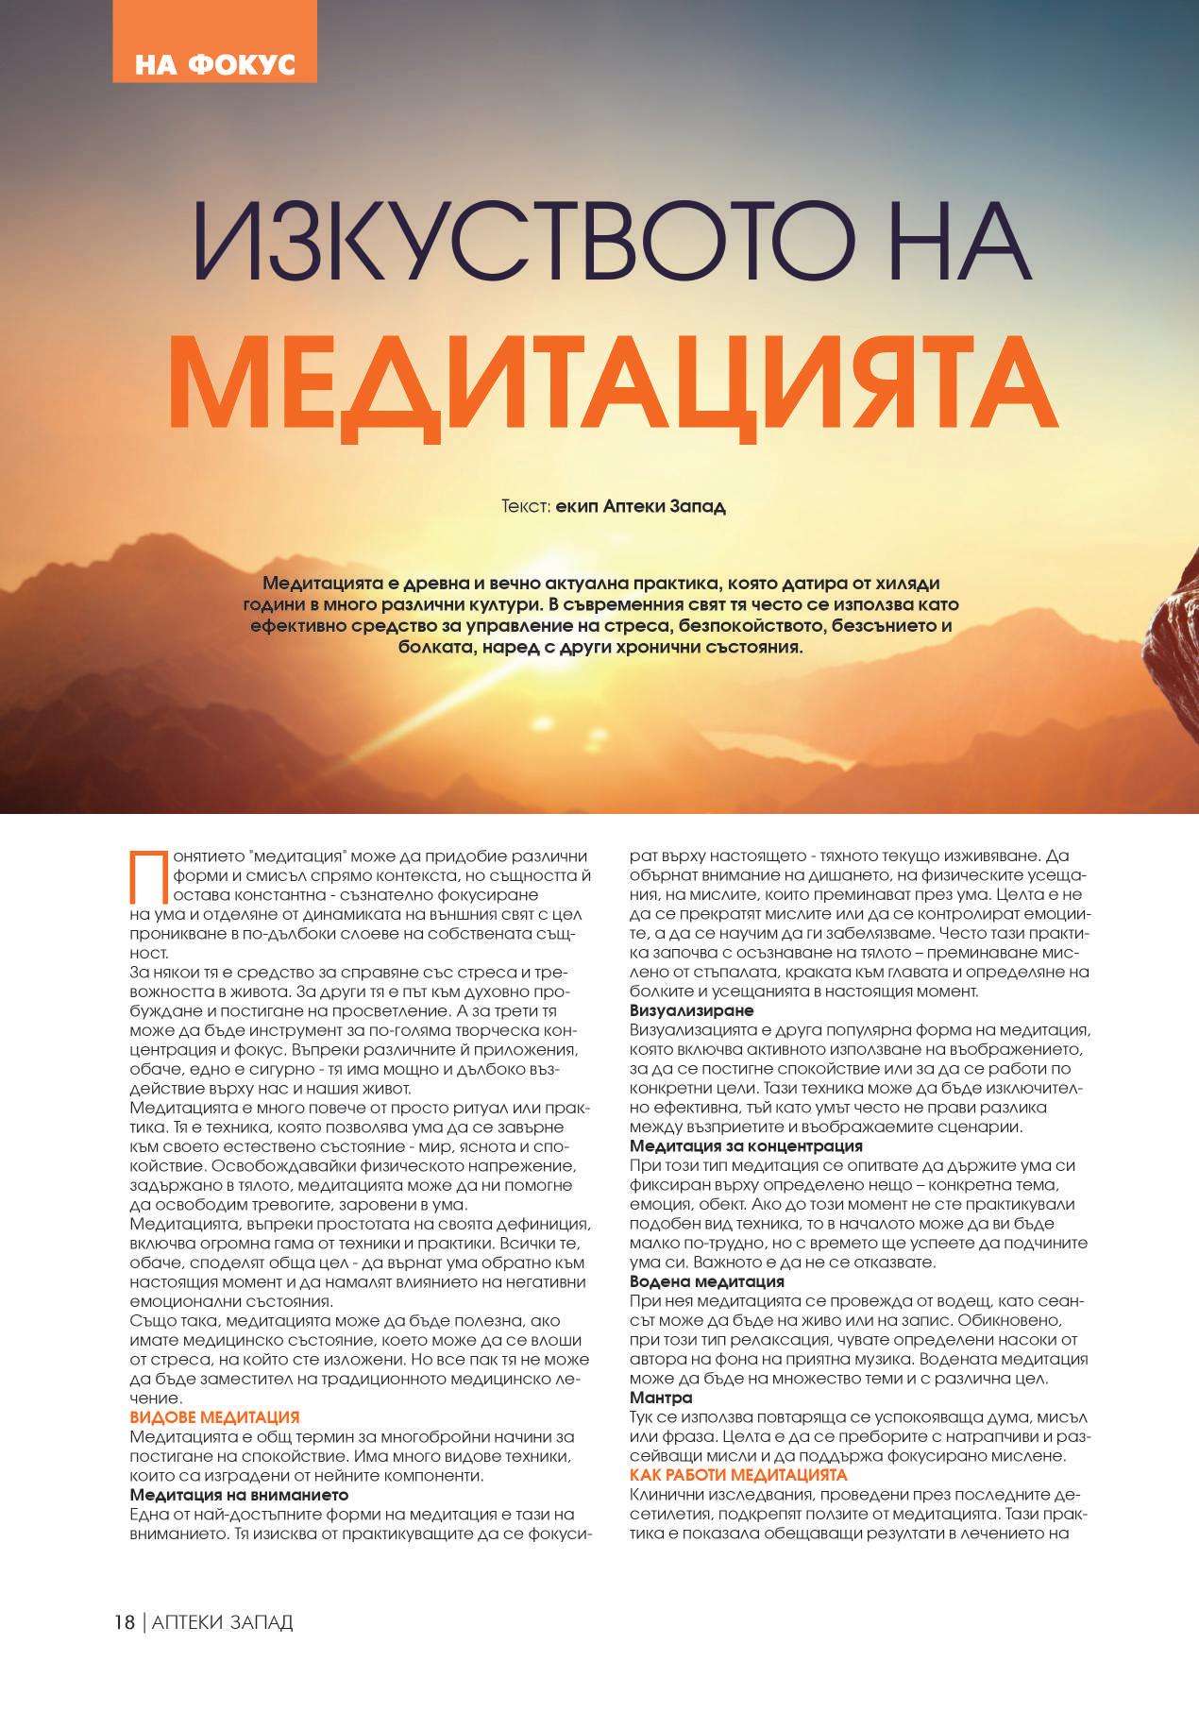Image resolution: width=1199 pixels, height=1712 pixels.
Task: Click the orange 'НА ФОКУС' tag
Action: coord(214,63)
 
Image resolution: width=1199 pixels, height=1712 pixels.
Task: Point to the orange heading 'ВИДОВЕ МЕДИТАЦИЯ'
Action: coord(214,1417)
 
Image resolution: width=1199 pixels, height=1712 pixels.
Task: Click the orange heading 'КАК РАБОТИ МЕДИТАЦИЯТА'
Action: coord(738,1475)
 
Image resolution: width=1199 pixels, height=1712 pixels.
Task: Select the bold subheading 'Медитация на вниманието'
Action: coord(239,1495)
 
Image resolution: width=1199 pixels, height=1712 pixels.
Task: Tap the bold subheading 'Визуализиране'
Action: coord(691,1010)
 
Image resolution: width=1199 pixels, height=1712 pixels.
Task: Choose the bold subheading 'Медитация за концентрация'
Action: coord(746,1146)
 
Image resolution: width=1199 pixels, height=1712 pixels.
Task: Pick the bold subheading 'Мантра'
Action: coord(661,1398)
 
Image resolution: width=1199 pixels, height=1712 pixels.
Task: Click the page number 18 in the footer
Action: coord(124,1622)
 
